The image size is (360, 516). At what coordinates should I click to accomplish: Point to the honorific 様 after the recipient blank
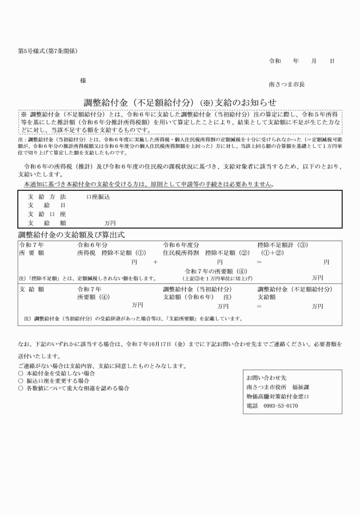[x=83, y=81]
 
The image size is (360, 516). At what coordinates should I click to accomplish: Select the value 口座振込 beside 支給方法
[x=98, y=196]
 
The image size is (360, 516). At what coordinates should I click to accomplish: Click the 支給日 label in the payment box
[x=47, y=205]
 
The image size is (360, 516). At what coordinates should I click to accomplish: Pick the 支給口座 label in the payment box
[x=47, y=214]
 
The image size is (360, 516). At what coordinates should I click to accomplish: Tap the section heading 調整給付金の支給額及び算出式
[x=71, y=234]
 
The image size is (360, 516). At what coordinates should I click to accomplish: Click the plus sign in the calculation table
[x=155, y=262]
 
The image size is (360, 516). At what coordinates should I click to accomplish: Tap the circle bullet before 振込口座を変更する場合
[x=21, y=380]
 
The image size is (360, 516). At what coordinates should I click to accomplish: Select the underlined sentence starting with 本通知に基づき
[x=148, y=184]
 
